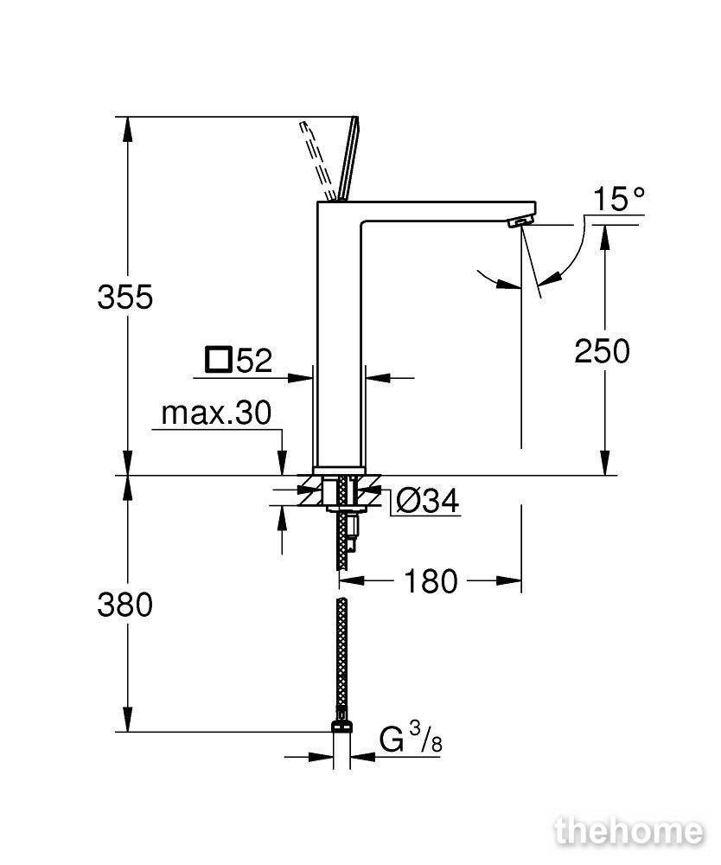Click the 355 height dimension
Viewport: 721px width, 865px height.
tap(125, 298)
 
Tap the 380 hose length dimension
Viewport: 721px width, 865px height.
tap(125, 605)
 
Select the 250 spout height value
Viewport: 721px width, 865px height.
tap(602, 351)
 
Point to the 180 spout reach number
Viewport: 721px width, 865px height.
tap(431, 581)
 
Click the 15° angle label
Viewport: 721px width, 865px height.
tap(618, 199)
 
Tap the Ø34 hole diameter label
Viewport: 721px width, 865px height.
tap(428, 502)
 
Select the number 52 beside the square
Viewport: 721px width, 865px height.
tap(254, 362)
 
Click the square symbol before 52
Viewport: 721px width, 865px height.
tap(218, 359)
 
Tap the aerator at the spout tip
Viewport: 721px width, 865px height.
tap(520, 221)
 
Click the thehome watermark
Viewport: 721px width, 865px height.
tap(629, 831)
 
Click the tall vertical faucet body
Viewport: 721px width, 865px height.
tap(339, 336)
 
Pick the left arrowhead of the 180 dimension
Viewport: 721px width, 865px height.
tap(351, 580)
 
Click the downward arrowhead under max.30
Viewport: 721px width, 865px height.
tap(282, 462)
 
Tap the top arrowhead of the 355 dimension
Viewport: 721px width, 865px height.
tap(127, 129)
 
